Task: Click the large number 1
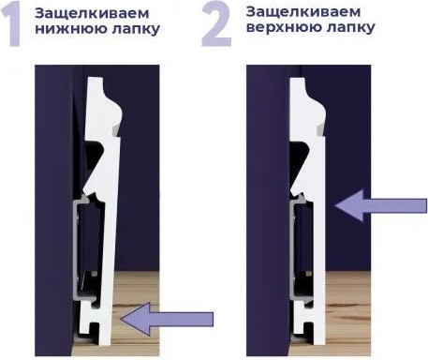[x=15, y=25]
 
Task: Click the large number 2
[x=215, y=25]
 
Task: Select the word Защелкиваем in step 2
[x=293, y=11]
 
